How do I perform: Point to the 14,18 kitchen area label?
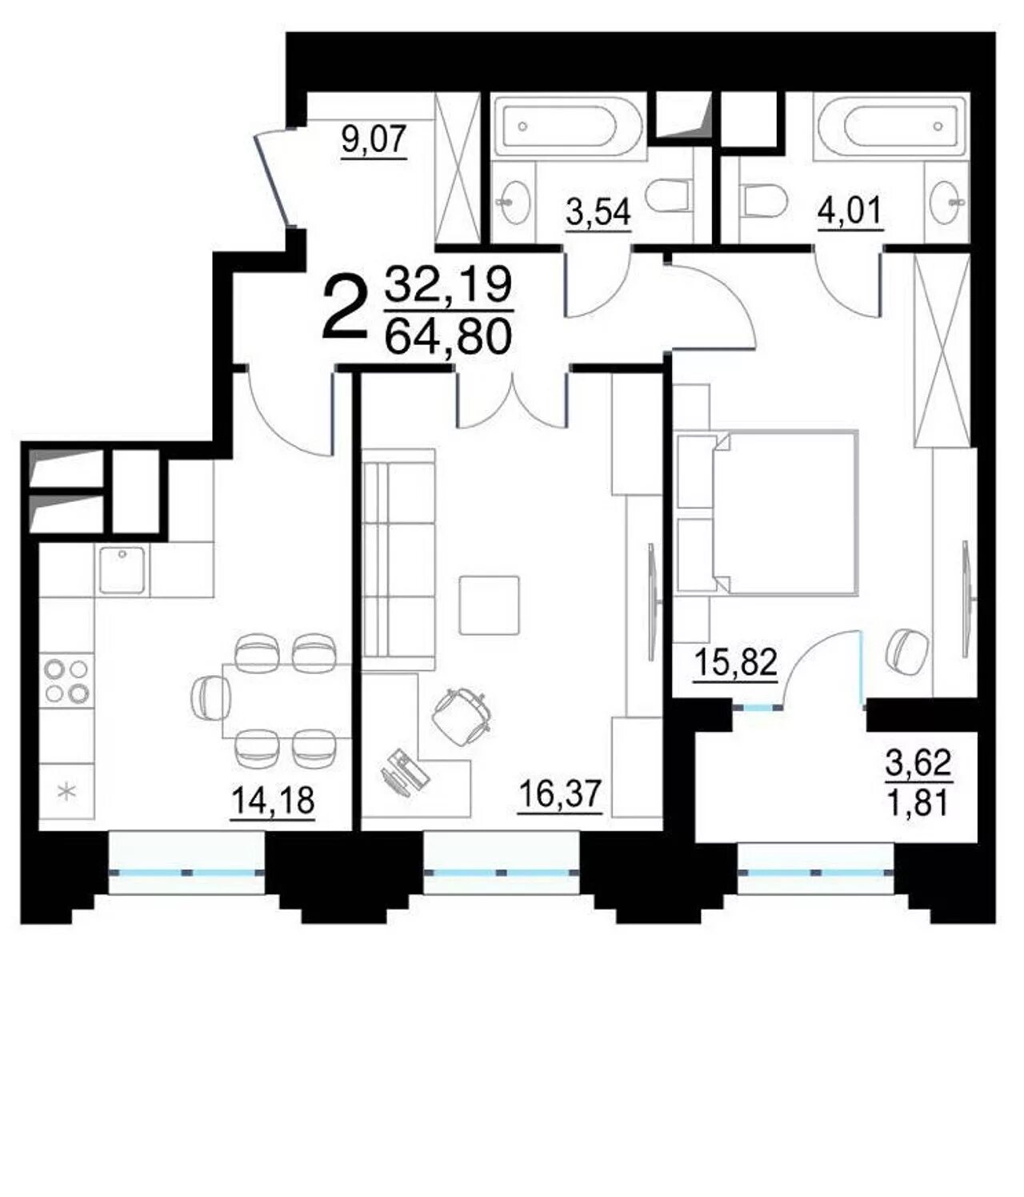pyautogui.click(x=273, y=801)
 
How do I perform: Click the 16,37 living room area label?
pyautogui.click(x=560, y=794)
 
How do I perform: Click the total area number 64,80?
pyautogui.click(x=448, y=337)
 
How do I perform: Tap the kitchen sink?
pyautogui.click(x=122, y=570)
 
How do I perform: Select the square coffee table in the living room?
pyautogui.click(x=489, y=605)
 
